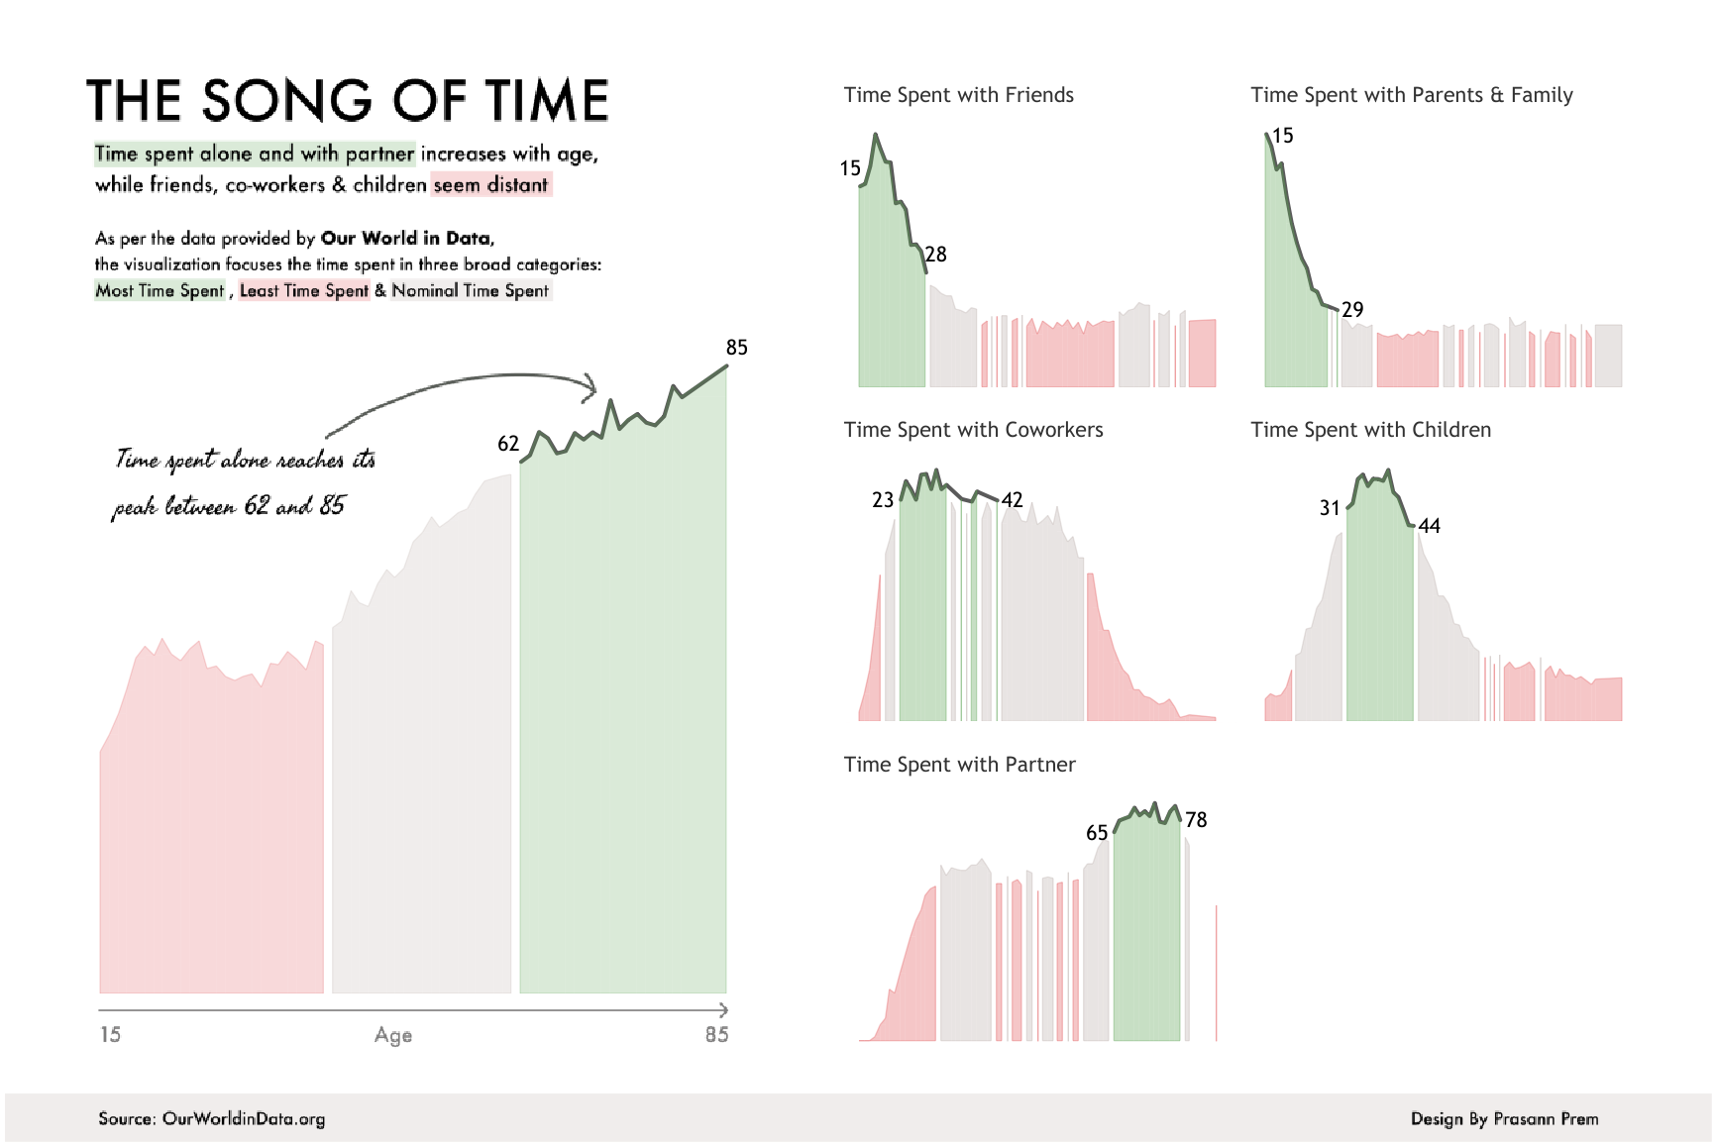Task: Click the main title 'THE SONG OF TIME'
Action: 347,101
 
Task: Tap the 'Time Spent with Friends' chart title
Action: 958,95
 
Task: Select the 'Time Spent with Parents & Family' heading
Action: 1411,95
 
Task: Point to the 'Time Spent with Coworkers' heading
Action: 973,430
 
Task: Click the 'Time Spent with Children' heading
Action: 1370,430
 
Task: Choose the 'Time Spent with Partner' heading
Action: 959,765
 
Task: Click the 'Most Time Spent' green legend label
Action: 160,290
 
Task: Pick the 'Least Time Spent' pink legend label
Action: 304,290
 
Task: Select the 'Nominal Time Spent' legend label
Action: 470,290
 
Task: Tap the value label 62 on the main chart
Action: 508,444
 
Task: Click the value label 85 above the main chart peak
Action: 736,348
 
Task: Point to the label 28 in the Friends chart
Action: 936,255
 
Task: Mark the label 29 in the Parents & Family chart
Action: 1352,310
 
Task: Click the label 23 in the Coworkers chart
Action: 883,500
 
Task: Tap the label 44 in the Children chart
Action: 1429,526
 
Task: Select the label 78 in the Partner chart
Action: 1196,820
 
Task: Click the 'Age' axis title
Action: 393,1035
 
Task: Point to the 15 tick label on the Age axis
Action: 110,1035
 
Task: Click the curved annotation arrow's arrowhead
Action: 591,387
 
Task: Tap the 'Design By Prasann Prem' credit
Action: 1504,1119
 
